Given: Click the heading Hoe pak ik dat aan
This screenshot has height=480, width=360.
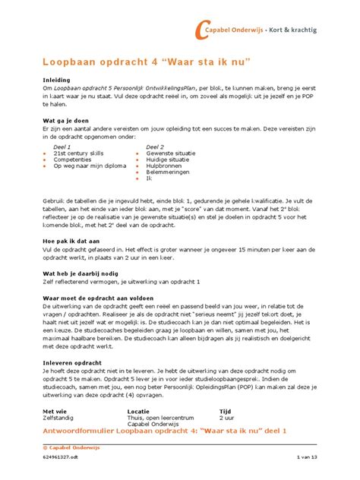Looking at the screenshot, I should tap(72, 239).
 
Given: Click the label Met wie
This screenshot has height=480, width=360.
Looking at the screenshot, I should tap(56, 411).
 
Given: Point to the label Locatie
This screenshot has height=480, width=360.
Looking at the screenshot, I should tap(139, 411).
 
